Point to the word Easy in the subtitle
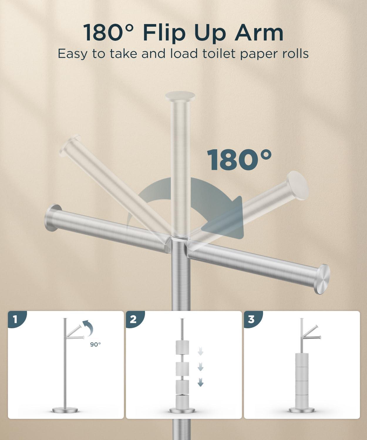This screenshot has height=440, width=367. pyautogui.click(x=72, y=54)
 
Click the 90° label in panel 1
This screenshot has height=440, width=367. pyautogui.click(x=95, y=344)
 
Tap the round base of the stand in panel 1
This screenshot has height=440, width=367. pyautogui.click(x=65, y=410)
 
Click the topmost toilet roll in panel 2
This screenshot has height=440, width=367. pyautogui.click(x=182, y=348)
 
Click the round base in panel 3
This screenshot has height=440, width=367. pyautogui.click(x=302, y=410)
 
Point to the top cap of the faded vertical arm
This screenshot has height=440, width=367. pyautogui.click(x=180, y=96)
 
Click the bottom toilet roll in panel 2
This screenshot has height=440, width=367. pyautogui.click(x=182, y=402)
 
